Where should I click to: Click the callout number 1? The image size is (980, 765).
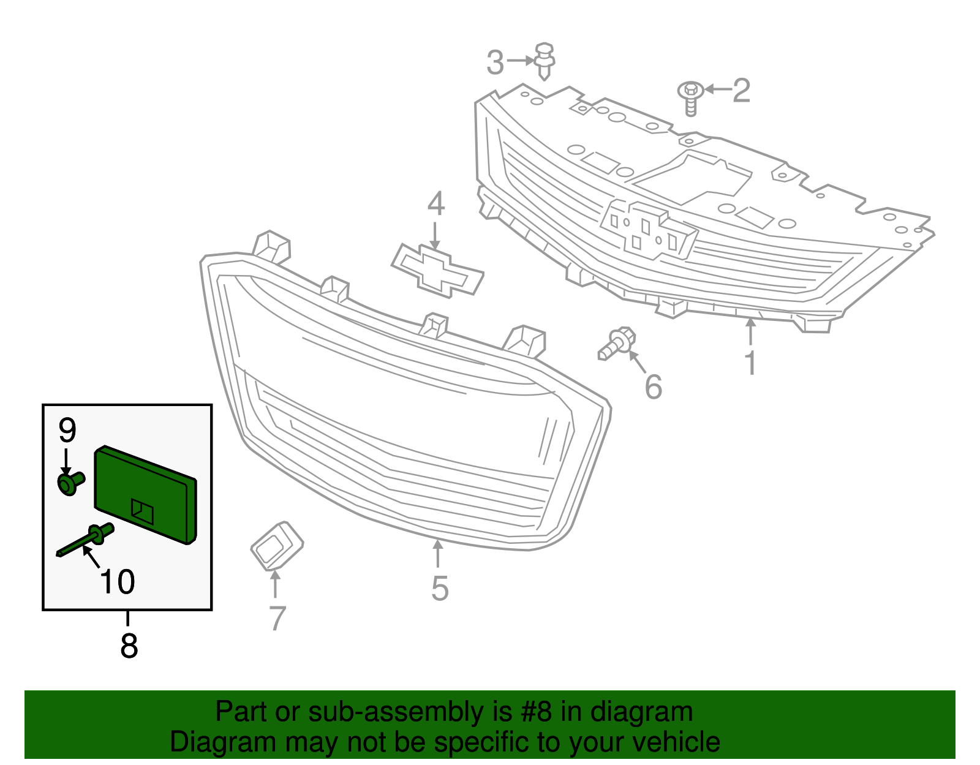coord(750,363)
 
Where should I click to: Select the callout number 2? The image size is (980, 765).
coord(741,91)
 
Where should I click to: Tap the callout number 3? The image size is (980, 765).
coord(495,62)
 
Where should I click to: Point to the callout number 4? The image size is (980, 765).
coord(435,204)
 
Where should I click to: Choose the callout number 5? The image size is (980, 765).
coord(440,588)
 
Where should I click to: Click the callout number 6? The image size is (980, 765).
coord(654,386)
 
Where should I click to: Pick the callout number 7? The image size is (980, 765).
coord(277,618)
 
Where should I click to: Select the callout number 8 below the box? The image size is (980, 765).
coord(129,646)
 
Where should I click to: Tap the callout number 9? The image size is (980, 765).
coord(67,431)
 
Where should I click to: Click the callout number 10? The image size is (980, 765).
coord(117,582)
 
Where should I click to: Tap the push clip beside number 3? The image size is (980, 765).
coord(544,60)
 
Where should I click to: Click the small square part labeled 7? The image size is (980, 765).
coord(277,545)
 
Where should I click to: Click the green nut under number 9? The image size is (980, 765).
coord(70,484)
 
